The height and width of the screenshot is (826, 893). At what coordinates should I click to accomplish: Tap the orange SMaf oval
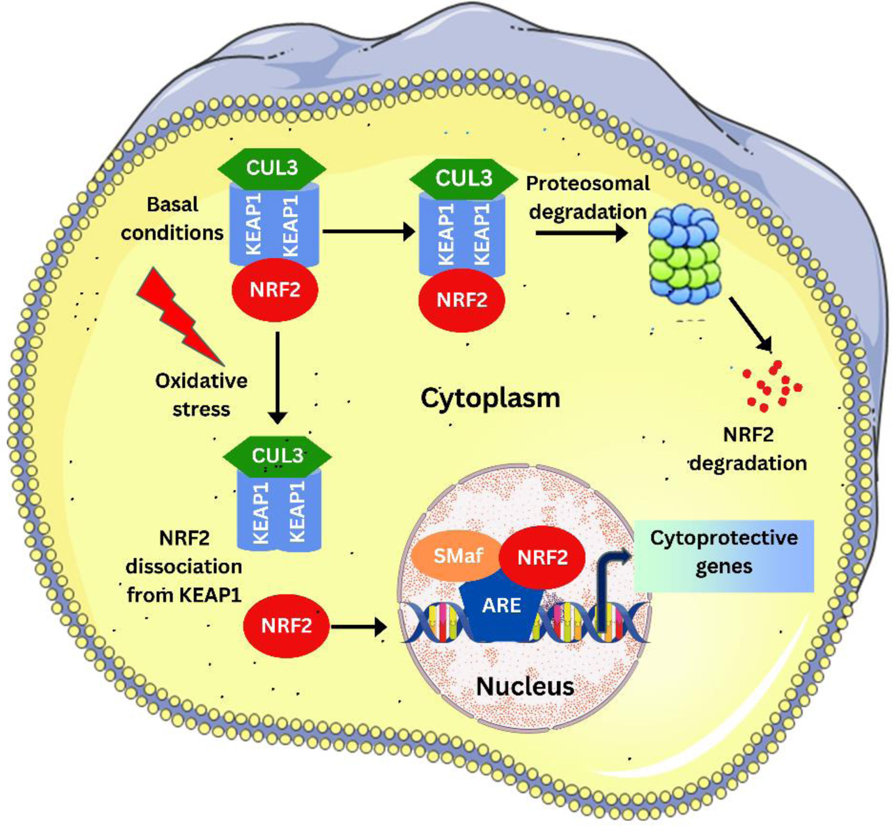coord(458,556)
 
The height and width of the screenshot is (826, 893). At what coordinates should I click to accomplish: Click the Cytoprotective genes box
coord(723,556)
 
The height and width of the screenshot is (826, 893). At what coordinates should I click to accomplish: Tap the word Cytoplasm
coord(490,398)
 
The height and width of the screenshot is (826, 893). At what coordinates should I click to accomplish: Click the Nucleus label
coord(525,687)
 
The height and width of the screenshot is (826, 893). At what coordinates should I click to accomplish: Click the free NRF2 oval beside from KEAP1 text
coord(286,626)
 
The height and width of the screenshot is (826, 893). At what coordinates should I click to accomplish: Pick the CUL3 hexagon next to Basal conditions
coord(271,169)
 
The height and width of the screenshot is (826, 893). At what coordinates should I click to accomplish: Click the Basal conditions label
coord(172,219)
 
